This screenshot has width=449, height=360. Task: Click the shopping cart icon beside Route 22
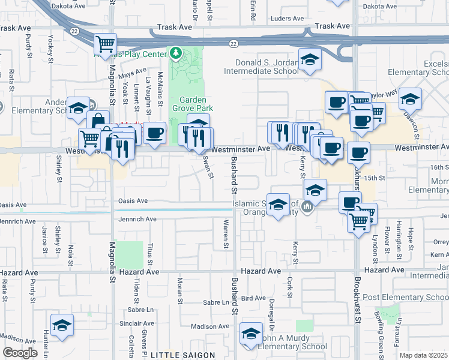pos(106,43)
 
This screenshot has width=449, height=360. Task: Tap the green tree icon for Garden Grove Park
pos(176,55)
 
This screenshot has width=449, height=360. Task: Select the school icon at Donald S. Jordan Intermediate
pos(310,60)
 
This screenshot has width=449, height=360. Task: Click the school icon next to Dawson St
pos(411,98)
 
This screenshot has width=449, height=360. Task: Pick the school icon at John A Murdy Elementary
pos(252,334)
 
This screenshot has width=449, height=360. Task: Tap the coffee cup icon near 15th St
pos(358,152)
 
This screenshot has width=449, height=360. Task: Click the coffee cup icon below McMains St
pos(155,132)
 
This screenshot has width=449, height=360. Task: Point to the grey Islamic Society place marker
pos(307,208)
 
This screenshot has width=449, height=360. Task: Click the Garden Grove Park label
pos(192,104)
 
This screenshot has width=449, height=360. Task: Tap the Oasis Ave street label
pos(132,201)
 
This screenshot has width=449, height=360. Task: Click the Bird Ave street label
pos(252,298)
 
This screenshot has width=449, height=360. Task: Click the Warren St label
pos(226,234)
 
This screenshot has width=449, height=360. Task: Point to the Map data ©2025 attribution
pos(424,355)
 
